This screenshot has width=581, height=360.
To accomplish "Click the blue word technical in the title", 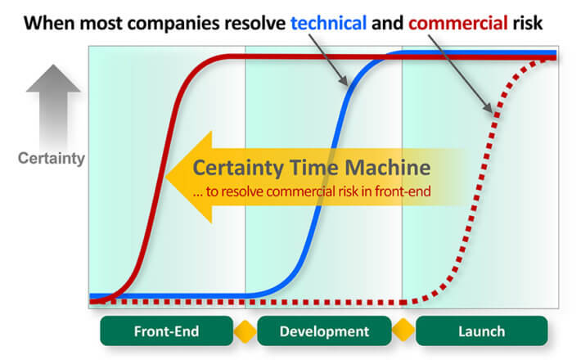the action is pyautogui.click(x=328, y=23).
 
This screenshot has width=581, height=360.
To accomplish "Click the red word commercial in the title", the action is pyautogui.click(x=458, y=23).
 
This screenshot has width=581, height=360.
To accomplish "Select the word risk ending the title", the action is pyautogui.click(x=528, y=23).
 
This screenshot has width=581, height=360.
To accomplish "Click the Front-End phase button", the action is pyautogui.click(x=166, y=331).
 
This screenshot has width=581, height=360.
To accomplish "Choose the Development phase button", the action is pyautogui.click(x=324, y=331).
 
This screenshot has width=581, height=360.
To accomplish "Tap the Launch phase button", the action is pyautogui.click(x=481, y=331).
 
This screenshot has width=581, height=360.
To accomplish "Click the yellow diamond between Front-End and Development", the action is pyautogui.click(x=245, y=331).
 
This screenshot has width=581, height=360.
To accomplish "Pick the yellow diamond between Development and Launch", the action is pyautogui.click(x=403, y=330).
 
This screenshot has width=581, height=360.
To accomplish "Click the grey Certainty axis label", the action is pyautogui.click(x=52, y=158).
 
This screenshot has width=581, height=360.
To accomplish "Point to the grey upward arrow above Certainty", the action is pyautogui.click(x=53, y=106).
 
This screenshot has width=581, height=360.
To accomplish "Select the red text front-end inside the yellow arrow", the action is pyautogui.click(x=403, y=191).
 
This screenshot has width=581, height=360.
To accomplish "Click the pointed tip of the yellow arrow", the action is pyautogui.click(x=165, y=177).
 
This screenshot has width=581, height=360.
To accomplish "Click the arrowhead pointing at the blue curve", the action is pyautogui.click(x=344, y=81).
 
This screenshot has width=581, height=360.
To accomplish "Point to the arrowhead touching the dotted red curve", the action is pyautogui.click(x=489, y=108).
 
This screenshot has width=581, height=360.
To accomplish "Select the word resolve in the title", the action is pyautogui.click(x=255, y=23).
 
